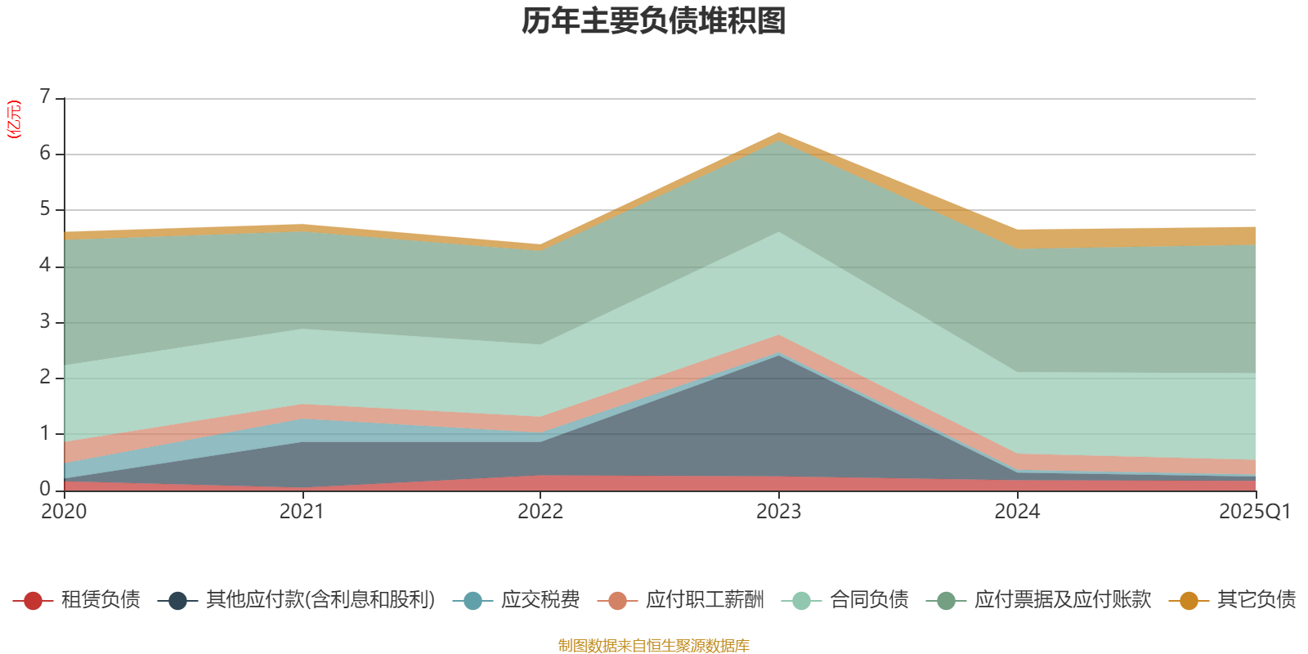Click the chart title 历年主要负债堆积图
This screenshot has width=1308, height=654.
(654, 21)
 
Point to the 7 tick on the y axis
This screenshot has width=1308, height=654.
(45, 97)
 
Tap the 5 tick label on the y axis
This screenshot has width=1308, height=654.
(45, 209)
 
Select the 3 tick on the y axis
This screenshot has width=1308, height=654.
(45, 321)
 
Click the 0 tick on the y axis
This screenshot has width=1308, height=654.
(45, 489)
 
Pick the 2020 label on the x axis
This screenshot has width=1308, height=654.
(64, 512)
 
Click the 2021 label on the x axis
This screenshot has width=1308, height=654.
(302, 512)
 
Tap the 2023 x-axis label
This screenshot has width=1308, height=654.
(778, 512)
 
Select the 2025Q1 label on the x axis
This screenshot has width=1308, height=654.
(1254, 512)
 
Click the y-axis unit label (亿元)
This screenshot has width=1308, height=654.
(14, 119)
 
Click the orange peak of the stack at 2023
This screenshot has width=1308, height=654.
(778, 136)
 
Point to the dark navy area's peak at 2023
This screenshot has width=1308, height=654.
(778, 357)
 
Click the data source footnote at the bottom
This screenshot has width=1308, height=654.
(654, 646)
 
